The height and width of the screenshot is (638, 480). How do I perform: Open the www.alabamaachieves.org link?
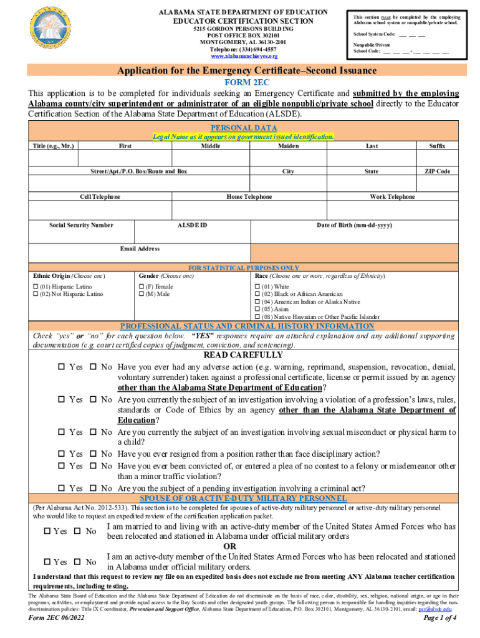pos(242,55)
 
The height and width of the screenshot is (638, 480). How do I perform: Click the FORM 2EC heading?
pos(243,82)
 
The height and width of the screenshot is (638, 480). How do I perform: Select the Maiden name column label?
pos(288,146)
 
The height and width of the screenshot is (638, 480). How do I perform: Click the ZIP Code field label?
pos(437,171)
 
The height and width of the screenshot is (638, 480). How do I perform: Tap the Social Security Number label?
pos(81,224)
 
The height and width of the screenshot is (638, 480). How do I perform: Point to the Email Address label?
pos(140,249)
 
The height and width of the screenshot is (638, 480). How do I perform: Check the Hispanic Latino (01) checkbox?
pos(35,287)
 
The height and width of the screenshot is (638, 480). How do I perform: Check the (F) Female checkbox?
pos(140,287)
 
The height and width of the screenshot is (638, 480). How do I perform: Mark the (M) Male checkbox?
pos(140,294)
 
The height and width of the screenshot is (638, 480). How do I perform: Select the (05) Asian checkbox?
pos(257,309)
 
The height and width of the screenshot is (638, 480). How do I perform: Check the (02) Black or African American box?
pos(257,294)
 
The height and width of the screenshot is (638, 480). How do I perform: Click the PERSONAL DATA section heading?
pos(243,127)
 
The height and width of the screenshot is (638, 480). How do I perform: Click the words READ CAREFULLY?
pos(244,355)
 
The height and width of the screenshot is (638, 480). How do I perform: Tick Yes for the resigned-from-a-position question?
pos(62,454)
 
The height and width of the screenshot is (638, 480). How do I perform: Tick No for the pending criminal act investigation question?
pos(94,488)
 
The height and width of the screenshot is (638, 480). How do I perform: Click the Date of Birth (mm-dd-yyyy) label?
pos(354,224)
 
